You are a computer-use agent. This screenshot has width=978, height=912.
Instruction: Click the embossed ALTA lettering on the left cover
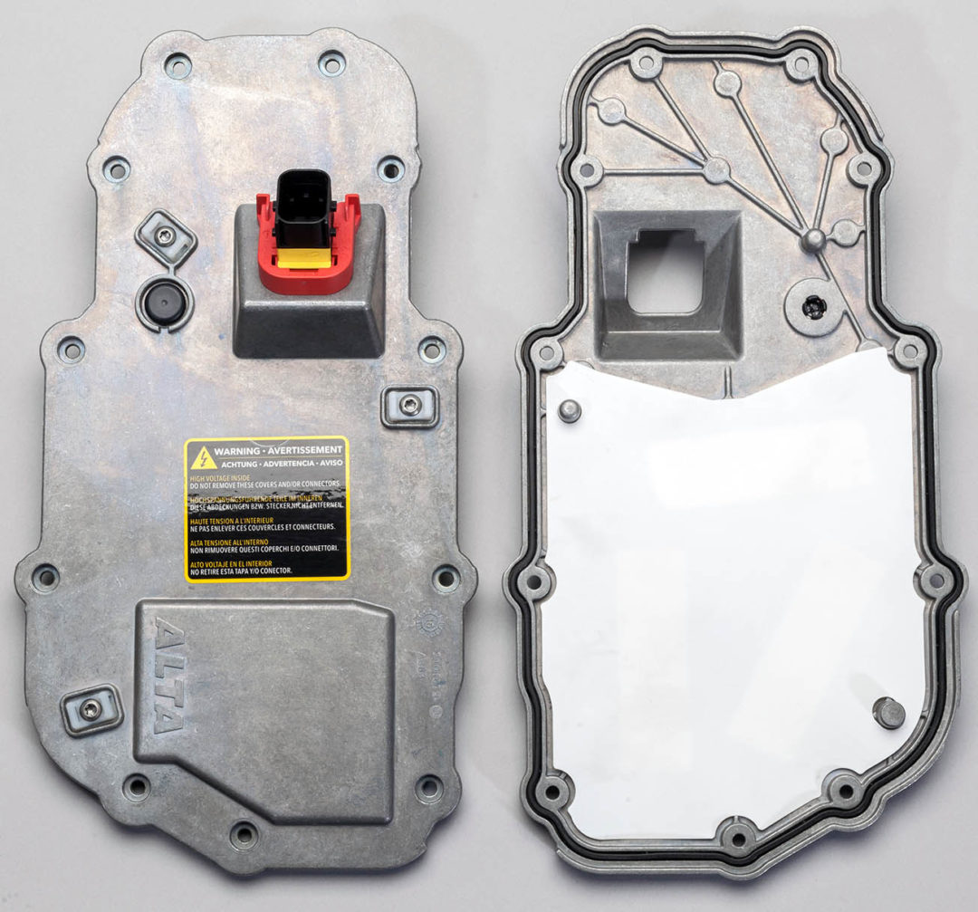coord(167,674)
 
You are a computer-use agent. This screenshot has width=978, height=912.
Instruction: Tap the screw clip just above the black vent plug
coord(166,237)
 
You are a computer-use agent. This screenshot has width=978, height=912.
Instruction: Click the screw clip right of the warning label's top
coord(409,406)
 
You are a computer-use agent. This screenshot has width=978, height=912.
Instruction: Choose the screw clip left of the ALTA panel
coord(91,710)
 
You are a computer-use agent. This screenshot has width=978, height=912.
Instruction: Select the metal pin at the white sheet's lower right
coord(889,713)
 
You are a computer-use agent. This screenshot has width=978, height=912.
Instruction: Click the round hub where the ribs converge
coord(814,238)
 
